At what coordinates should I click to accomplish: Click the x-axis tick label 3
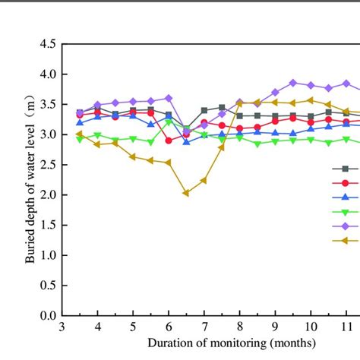(x=62, y=326)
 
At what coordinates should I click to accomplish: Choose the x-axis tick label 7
(x=204, y=326)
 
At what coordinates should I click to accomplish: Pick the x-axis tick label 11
(x=346, y=326)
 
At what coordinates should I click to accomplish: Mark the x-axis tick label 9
(x=275, y=326)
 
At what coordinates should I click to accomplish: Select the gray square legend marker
(x=346, y=169)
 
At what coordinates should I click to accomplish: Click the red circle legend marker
(x=346, y=183)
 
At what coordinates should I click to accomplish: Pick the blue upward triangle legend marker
(x=346, y=197)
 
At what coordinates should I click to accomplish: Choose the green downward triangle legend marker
(x=346, y=212)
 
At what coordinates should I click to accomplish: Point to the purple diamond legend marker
(x=346, y=226)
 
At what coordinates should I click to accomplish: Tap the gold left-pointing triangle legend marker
(x=346, y=241)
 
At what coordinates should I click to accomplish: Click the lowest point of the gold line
(x=186, y=193)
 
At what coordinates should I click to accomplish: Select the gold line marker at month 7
(x=204, y=180)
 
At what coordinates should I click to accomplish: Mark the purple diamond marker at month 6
(x=169, y=98)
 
